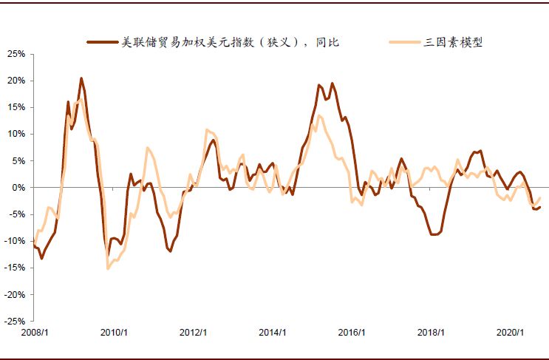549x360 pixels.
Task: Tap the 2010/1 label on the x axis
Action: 114,333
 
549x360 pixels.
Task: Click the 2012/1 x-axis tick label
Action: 194,333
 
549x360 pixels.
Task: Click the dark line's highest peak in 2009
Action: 81,78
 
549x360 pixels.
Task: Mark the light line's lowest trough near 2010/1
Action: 108,268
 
